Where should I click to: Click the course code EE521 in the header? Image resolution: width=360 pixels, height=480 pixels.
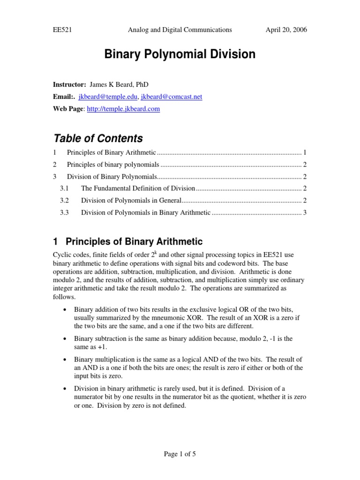[x=62, y=30]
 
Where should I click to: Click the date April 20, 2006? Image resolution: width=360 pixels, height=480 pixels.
[x=286, y=30]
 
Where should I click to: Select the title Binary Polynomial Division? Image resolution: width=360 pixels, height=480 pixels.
[x=180, y=54]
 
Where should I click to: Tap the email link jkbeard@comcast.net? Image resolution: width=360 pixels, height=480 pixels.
[x=172, y=97]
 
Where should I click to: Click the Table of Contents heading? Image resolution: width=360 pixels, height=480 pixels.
[x=98, y=138]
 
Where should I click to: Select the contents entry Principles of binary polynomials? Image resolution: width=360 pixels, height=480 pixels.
[x=113, y=165]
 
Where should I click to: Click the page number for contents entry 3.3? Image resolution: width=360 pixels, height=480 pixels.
[x=305, y=212]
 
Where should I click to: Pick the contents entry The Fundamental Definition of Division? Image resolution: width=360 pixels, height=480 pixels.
[x=138, y=188]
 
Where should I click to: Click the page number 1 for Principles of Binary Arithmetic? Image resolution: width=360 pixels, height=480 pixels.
[x=305, y=152]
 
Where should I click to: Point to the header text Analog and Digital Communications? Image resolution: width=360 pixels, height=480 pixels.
[x=180, y=30]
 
